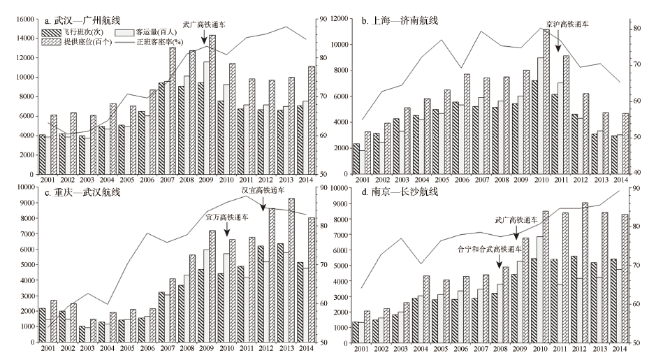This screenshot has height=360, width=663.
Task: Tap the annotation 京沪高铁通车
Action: tap(565, 24)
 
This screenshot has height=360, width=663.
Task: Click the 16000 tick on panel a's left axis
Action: tap(24, 19)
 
